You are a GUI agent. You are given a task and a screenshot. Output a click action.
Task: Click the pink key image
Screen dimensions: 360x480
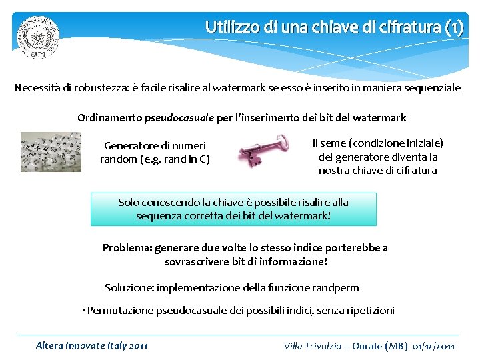click(263, 149)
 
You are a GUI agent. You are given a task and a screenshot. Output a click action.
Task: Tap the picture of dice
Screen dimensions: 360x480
click(51, 152)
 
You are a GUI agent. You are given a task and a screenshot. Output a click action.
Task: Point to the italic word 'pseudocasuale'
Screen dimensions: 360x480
click(184, 118)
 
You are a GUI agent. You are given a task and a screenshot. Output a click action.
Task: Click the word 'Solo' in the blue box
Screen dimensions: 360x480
click(129, 202)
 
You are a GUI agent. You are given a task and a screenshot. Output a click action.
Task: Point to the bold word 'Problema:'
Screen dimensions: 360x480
click(126, 248)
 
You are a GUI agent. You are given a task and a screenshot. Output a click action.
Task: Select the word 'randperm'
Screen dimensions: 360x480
click(336, 288)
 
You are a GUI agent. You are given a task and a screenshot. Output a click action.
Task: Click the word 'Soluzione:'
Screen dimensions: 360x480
click(129, 288)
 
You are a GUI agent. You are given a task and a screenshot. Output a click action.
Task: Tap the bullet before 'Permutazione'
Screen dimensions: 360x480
click(84, 311)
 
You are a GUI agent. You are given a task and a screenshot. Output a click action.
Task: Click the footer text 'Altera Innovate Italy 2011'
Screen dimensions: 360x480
click(91, 345)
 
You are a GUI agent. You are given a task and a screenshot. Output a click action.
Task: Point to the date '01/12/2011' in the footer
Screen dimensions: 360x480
click(434, 346)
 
